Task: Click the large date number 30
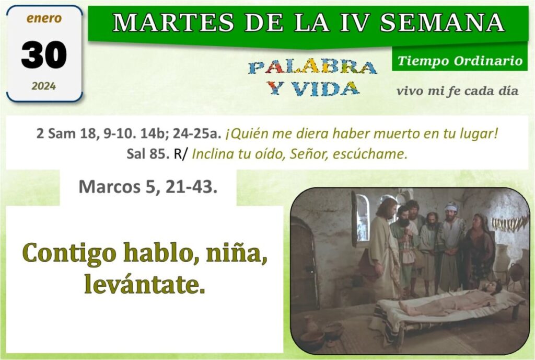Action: click(x=44, y=54)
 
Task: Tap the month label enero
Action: click(x=44, y=18)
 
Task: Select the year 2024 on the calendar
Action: click(x=44, y=86)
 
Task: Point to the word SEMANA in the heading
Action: click(x=442, y=22)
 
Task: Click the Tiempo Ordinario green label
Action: click(x=460, y=61)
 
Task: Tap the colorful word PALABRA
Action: click(x=312, y=67)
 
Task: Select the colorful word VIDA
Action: click(x=325, y=88)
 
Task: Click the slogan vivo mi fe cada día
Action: click(x=457, y=91)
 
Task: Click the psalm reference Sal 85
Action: click(x=148, y=154)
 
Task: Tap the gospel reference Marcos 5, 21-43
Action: click(x=148, y=187)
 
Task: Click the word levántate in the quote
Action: click(x=145, y=284)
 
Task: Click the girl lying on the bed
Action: click(x=450, y=300)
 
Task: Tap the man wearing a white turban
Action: click(x=451, y=246)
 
